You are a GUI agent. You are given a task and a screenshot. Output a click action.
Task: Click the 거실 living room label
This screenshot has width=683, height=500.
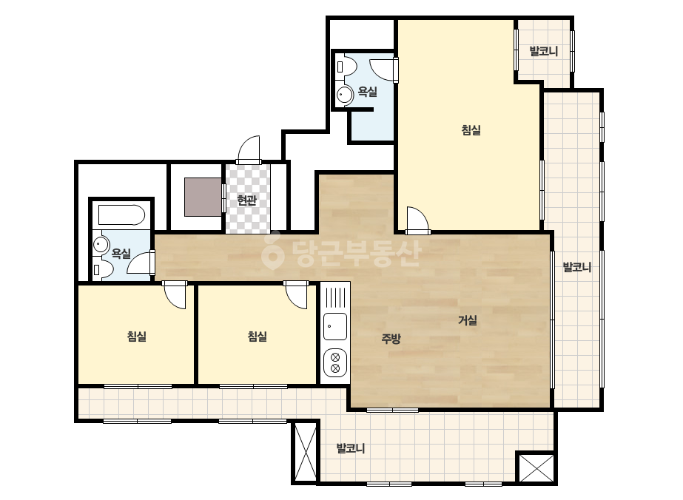click(x=468, y=320)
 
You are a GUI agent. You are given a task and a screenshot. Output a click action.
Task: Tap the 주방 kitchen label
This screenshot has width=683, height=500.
click(x=391, y=339)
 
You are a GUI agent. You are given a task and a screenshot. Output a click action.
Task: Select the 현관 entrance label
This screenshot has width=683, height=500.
click(x=246, y=200)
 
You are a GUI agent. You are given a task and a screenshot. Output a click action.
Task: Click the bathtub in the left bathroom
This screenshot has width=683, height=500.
click(x=121, y=214)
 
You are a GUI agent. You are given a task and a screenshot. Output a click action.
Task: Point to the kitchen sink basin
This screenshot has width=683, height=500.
click(x=335, y=326)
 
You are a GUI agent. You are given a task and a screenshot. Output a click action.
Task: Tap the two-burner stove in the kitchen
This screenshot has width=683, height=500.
click(x=335, y=363)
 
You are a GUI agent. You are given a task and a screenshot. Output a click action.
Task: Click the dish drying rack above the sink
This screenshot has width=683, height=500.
click(x=335, y=297)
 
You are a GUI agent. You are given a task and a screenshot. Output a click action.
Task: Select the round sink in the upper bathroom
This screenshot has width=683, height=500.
click(x=346, y=95)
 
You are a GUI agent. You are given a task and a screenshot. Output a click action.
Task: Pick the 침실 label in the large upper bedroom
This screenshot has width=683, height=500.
click(x=471, y=130)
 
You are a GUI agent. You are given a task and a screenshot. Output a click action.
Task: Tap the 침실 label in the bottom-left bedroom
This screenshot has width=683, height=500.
click(x=137, y=337)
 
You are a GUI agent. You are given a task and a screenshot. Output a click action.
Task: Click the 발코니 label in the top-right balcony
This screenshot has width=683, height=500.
click(x=544, y=51)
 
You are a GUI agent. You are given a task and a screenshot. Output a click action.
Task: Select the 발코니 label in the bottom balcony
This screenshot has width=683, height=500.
click(x=351, y=448)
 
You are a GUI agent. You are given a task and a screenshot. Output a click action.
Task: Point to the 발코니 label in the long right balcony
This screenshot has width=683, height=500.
click(x=577, y=267)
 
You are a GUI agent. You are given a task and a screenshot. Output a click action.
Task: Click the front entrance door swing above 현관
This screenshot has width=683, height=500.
click(x=249, y=150)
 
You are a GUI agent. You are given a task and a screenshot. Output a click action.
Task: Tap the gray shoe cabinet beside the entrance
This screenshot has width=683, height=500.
click(x=203, y=197)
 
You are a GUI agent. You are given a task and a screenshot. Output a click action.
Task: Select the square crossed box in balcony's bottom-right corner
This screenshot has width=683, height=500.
click(x=536, y=467)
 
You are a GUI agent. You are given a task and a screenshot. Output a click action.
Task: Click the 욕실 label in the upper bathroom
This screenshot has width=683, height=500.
click(x=368, y=92)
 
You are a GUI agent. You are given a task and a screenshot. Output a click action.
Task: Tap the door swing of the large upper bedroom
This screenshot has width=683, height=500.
click(x=417, y=220)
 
